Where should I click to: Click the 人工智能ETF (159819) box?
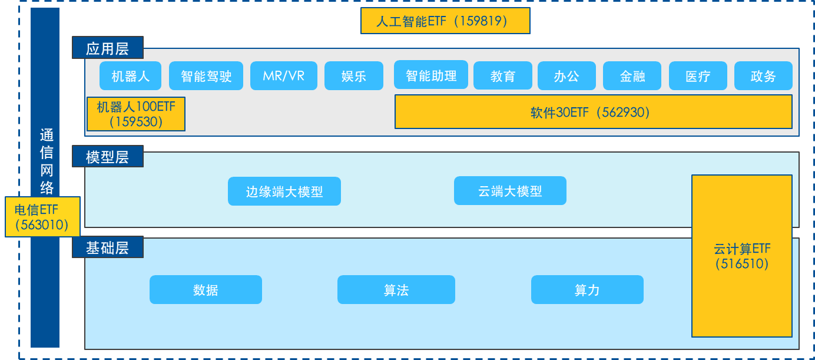[445, 21]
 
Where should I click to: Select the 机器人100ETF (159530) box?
[136, 114]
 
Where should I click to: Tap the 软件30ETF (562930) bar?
[593, 112]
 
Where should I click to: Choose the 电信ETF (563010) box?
[42, 217]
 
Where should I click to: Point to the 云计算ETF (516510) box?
[741, 256]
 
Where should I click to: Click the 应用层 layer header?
[108, 48]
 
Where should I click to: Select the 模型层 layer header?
[108, 157]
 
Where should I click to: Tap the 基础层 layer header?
[108, 247]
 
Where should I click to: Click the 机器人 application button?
[131, 76]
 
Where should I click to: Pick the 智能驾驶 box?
[206, 76]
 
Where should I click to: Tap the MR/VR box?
[284, 76]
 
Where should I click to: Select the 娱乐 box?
[354, 76]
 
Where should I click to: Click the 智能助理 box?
[431, 75]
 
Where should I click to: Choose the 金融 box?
[632, 76]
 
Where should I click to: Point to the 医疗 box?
[698, 76]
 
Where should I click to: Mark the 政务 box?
[763, 76]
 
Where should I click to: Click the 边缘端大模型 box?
[284, 191]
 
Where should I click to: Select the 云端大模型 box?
[510, 191]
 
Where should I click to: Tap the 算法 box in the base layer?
[396, 290]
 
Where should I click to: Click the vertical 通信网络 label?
[46, 161]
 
